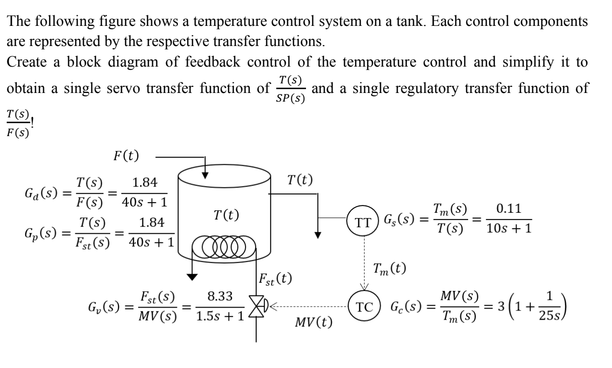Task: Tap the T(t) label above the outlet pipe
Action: pyautogui.click(x=300, y=181)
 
